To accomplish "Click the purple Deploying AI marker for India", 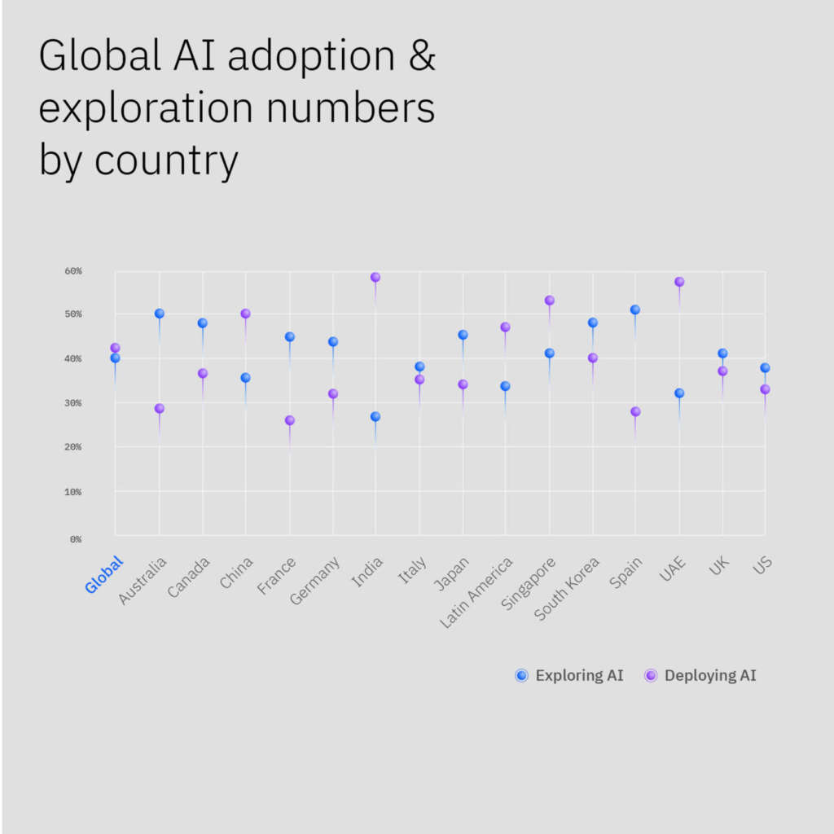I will pos(375,278).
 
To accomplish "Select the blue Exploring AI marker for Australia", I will pos(160,314).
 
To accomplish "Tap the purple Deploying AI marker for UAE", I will pos(679,282).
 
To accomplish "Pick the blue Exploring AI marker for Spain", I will pos(635,310).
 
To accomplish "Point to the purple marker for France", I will pos(289,420).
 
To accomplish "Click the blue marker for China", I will pos(245,378).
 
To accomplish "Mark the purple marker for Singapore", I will pos(550,301).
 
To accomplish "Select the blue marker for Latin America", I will pos(505,386).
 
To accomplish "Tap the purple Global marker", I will pos(116,348).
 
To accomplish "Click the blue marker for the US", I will pos(765,368).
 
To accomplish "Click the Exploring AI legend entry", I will pos(569,675).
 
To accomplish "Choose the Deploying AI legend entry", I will pos(700,675).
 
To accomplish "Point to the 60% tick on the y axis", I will pos(73,271).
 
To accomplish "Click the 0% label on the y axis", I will pos(75,539).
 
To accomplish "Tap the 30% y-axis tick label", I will pos(73,403).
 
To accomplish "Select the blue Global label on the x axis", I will pos(104,574).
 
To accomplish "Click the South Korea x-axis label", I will pos(568,587).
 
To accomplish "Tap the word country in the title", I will pos(166,160).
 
